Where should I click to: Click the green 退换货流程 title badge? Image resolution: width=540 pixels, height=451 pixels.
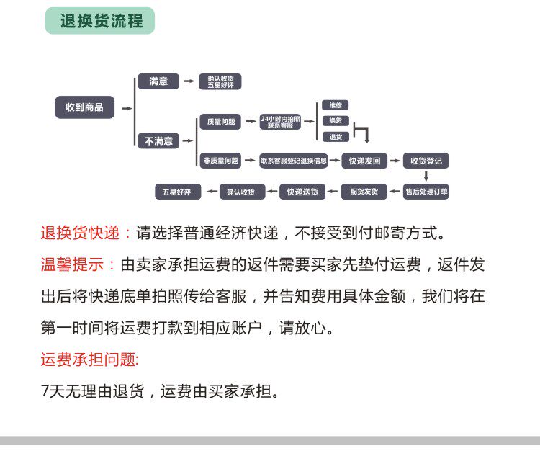[99, 21]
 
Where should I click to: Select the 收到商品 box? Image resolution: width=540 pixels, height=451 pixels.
[85, 107]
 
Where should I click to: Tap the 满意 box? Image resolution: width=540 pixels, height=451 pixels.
[158, 81]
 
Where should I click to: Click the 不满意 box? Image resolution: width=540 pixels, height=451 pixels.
[158, 140]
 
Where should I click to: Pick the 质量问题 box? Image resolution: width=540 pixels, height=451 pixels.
[220, 122]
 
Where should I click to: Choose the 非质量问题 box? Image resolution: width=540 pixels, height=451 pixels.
[220, 161]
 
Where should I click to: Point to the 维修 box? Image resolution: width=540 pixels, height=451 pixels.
[335, 104]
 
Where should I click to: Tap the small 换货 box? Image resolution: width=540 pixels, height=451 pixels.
[335, 120]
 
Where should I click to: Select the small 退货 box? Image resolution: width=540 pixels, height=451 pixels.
[335, 136]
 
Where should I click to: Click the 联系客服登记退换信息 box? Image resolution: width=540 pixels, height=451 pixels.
[294, 161]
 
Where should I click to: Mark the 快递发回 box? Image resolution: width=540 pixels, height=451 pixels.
[364, 161]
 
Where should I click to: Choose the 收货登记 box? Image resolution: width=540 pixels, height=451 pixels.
[426, 161]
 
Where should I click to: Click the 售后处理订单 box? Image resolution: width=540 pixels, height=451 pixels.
[426, 192]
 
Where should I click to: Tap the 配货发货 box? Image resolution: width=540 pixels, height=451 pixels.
[364, 192]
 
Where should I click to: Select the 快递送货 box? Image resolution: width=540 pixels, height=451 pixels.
[302, 192]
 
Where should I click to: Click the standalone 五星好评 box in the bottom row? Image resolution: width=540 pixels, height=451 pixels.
[177, 192]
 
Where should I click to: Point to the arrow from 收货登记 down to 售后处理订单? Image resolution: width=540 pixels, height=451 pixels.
[426, 176]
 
